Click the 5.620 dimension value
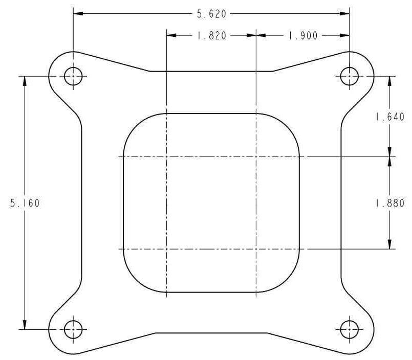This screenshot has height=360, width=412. (211, 14)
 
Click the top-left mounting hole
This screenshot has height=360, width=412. (73, 76)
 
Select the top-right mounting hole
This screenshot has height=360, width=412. (349, 76)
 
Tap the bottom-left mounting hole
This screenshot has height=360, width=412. (73, 329)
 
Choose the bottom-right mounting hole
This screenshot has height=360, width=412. (349, 329)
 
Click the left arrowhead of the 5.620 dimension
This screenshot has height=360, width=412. (78, 14)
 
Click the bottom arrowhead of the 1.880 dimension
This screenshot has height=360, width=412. (390, 244)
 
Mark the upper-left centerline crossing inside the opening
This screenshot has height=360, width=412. (167, 156)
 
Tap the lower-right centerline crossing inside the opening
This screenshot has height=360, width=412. (255, 249)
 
